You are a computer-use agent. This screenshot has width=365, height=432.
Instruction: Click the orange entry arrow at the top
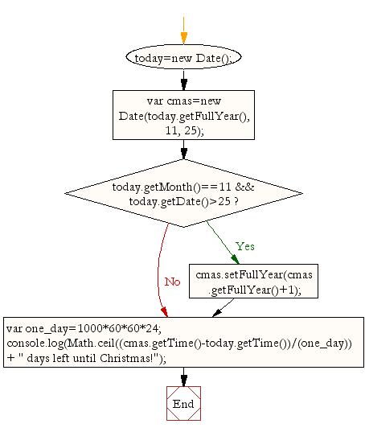183,29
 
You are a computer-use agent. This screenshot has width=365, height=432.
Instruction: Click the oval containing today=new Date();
183,59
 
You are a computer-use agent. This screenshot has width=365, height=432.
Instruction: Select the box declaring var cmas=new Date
183,114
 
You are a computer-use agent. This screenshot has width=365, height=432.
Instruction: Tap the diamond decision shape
183,193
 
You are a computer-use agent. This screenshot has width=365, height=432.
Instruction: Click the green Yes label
244,245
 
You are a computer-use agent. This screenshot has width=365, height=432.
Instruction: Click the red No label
172,282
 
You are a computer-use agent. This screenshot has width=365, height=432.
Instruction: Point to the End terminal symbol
183,403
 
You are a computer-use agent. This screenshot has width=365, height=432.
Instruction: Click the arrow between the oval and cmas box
183,79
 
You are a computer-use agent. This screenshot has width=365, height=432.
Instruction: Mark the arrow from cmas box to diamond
183,150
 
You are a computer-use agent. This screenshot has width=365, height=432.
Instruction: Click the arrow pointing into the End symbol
183,376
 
